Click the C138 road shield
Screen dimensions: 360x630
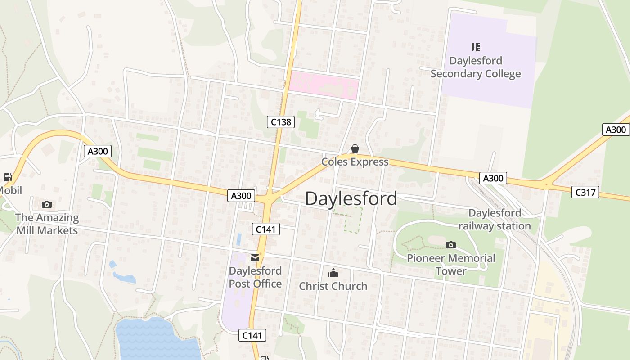click(281, 121)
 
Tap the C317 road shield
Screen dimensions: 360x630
click(585, 192)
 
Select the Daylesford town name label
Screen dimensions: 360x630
click(351, 198)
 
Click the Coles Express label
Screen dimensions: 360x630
click(355, 162)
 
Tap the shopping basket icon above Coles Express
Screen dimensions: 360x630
click(355, 148)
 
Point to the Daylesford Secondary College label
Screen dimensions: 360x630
click(476, 67)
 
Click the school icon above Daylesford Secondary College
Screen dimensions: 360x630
click(476, 47)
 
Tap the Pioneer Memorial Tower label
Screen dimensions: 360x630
click(451, 265)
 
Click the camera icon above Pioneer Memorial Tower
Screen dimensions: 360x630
click(451, 245)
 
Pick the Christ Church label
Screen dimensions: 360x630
click(333, 286)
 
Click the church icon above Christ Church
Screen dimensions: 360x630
click(333, 273)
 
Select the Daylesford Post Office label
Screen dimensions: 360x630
click(255, 277)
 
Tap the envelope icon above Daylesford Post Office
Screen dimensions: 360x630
click(255, 258)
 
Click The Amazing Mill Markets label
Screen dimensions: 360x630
click(47, 224)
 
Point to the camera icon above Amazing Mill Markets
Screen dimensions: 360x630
click(46, 205)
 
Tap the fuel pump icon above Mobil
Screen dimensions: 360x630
click(8, 177)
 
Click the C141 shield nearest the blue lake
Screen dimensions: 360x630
click(252, 335)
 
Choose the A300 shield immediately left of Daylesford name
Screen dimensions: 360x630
click(241, 196)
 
